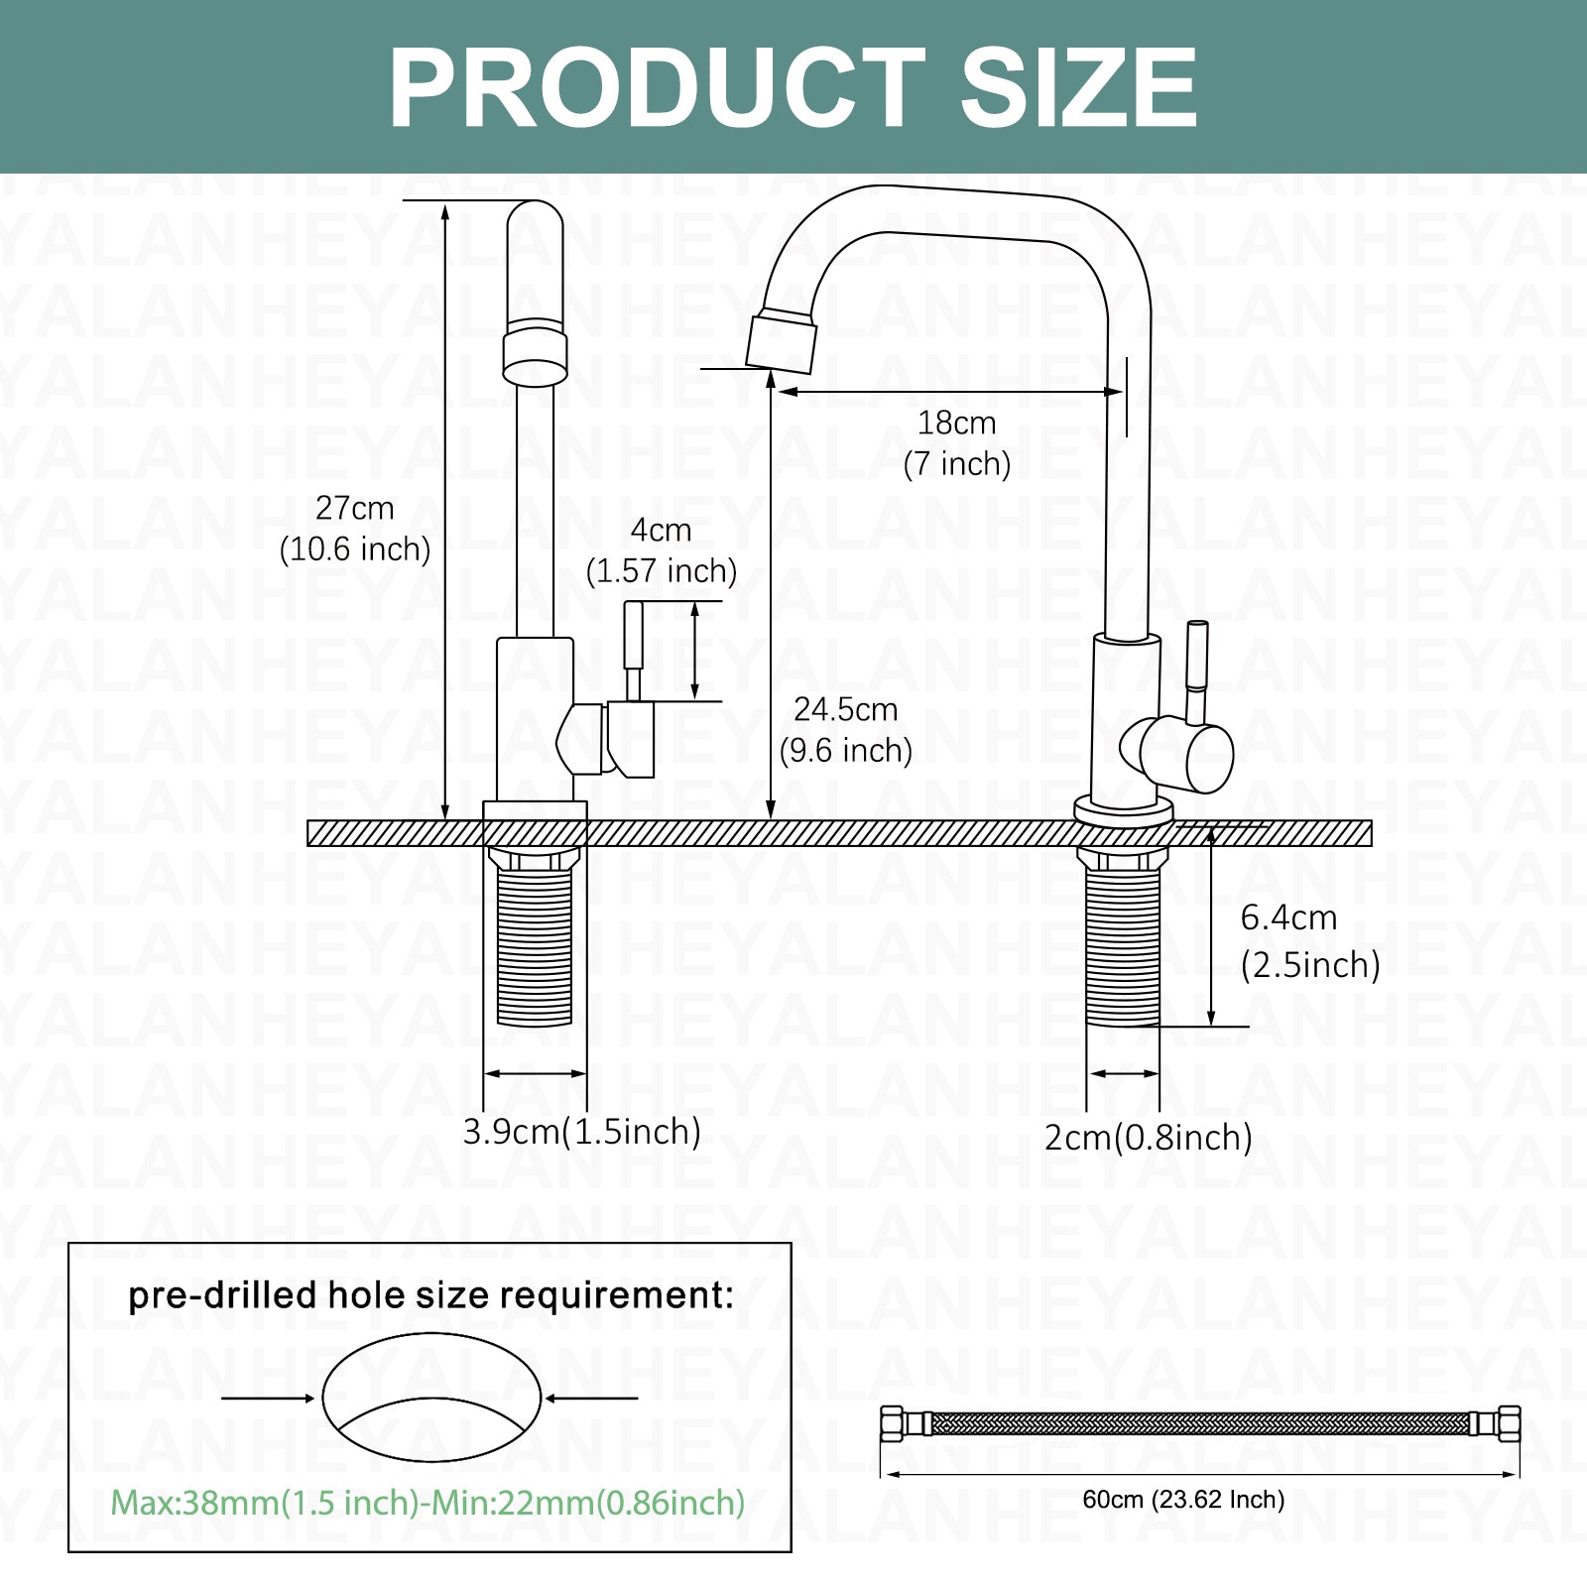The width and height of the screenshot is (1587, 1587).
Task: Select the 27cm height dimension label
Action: (x=355, y=528)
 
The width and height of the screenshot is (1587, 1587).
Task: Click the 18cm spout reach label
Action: (x=956, y=442)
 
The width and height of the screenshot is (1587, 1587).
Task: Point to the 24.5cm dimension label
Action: (x=846, y=729)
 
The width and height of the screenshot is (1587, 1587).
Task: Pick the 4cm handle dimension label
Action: (x=662, y=550)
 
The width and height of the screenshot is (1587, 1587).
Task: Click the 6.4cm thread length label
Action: (x=1310, y=940)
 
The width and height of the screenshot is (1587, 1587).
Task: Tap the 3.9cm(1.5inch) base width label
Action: (x=582, y=1131)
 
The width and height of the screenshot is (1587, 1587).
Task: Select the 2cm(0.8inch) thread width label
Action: (x=1149, y=1137)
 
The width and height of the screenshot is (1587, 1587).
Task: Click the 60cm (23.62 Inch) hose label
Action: (x=1183, y=1499)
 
